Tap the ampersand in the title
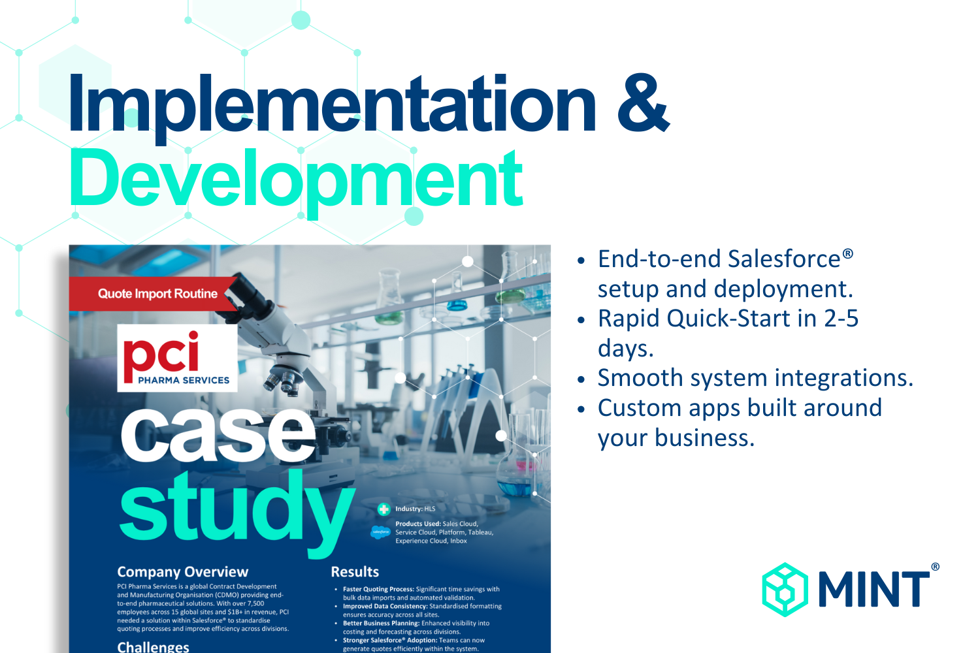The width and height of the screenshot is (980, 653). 643,103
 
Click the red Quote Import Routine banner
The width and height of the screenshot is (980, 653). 152,293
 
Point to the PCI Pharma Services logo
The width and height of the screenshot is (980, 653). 177,358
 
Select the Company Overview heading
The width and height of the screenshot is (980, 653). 182,571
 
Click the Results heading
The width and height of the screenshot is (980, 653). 355,571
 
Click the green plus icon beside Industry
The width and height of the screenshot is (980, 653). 384,509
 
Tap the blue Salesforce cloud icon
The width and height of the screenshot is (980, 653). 381,532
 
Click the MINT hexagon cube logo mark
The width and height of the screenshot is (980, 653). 785,590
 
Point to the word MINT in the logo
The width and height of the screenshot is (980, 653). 874,590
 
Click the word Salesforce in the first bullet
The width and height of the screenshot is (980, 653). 785,259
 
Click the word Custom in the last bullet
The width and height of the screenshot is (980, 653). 639,407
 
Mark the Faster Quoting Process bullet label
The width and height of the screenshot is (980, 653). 378,589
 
